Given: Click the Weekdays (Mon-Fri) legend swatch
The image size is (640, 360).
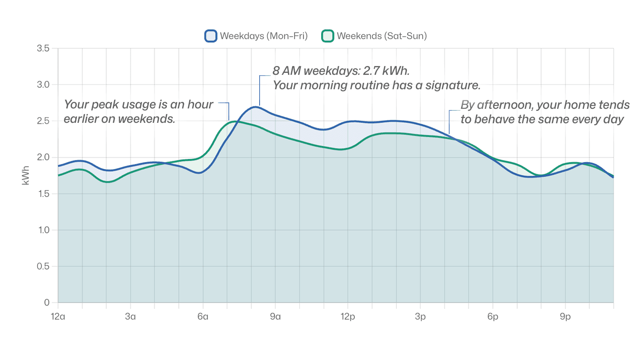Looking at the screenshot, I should click(x=211, y=36).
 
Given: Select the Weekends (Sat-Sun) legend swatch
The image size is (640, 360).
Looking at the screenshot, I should click(x=328, y=36).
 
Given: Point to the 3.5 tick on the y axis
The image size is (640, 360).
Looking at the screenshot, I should click(x=43, y=48).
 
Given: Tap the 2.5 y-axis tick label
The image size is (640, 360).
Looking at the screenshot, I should click(x=43, y=121).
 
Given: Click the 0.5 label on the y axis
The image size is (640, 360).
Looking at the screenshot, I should click(x=43, y=266).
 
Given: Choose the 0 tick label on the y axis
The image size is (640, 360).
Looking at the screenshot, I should click(x=47, y=303).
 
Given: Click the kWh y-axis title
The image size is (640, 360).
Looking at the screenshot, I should click(x=26, y=176).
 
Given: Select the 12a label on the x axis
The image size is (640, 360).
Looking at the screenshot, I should click(x=58, y=317).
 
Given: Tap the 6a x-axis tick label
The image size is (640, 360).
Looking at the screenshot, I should click(x=203, y=317).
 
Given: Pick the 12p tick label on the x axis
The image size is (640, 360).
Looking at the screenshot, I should click(x=348, y=317).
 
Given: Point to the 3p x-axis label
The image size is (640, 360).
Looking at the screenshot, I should click(x=420, y=317).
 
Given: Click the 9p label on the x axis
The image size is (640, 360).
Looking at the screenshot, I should click(x=565, y=317).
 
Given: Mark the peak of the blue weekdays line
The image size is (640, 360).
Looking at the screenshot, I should click(x=255, y=107).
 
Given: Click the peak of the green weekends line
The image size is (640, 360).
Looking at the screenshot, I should click(x=235, y=121).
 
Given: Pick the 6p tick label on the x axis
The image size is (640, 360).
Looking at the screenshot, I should click(x=493, y=317).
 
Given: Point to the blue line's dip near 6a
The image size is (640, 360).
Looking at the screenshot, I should click(x=200, y=173).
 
